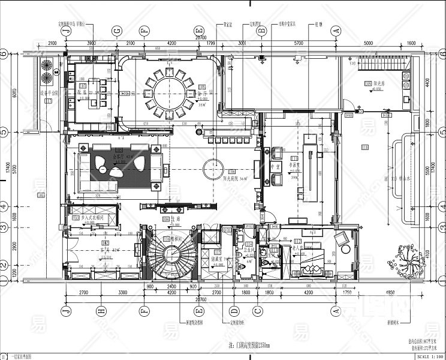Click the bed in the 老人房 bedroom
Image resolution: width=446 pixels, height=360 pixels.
[x=312, y=262]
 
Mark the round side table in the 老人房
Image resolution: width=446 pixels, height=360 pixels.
[x=342, y=239]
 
